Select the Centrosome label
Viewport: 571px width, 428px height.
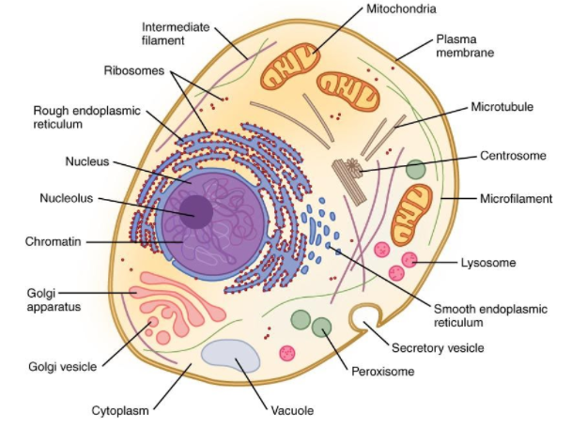point(512,155)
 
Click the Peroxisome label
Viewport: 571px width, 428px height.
point(380,373)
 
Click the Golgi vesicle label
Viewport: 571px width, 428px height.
point(61,366)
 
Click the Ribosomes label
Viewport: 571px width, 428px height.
point(136,70)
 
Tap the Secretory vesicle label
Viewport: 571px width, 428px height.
point(438,347)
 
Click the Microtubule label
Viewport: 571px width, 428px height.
point(502,107)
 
